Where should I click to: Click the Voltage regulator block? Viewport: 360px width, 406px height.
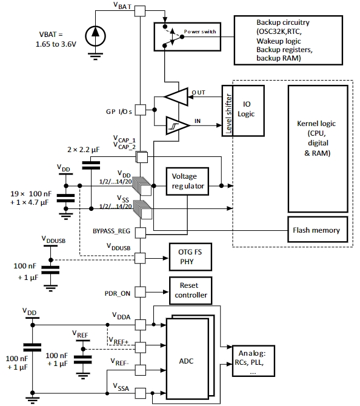(x=187, y=181)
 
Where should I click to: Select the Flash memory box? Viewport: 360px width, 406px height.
(x=318, y=230)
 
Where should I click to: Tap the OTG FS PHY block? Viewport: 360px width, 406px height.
(x=190, y=257)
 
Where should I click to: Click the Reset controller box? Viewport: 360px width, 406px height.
(x=191, y=290)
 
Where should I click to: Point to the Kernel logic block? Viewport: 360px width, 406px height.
(x=318, y=149)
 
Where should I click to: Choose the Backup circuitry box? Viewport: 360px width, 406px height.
(x=288, y=40)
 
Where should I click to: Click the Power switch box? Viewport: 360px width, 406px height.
(x=187, y=37)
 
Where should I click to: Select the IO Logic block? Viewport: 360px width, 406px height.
(x=248, y=110)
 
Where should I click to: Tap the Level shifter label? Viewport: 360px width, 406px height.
(x=228, y=113)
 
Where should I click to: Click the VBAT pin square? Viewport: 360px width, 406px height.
(x=140, y=11)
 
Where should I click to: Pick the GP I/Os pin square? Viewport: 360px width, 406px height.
(x=141, y=110)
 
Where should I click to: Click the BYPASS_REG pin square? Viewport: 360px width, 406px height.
(x=141, y=233)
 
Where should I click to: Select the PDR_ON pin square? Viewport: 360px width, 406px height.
(x=141, y=292)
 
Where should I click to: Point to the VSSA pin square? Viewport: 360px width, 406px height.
(x=141, y=393)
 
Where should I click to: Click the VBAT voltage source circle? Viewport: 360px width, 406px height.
(x=95, y=36)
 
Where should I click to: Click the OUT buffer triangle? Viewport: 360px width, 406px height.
(x=176, y=97)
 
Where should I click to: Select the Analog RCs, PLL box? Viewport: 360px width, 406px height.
(x=253, y=361)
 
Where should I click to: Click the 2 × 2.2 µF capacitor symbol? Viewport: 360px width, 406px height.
(x=91, y=165)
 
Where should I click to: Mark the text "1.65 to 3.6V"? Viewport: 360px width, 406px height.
(x=56, y=44)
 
